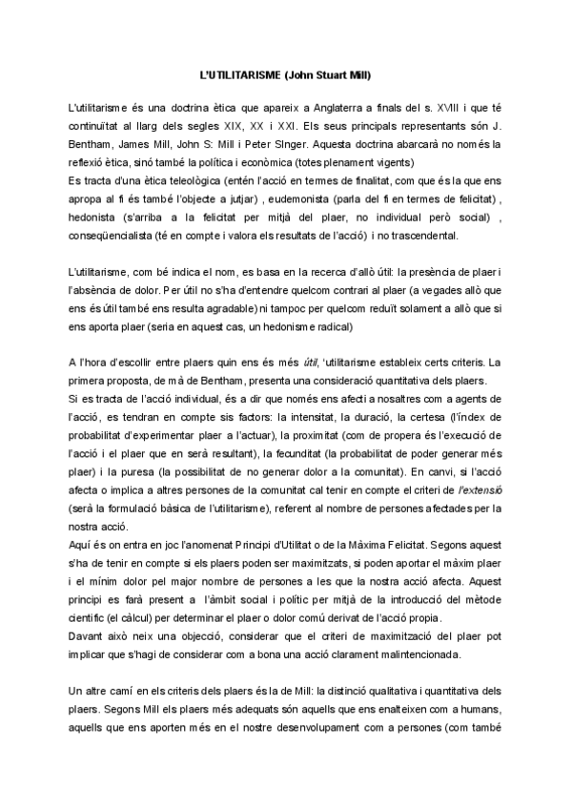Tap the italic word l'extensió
tap(482, 489)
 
